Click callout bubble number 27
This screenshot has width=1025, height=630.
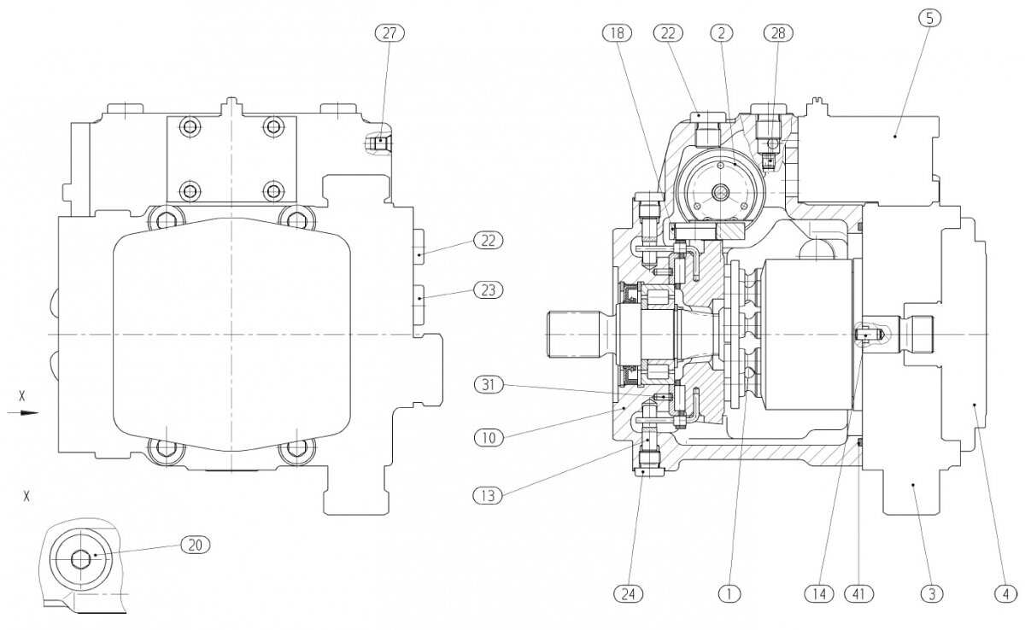coord(389,32)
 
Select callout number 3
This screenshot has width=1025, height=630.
coord(932,591)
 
